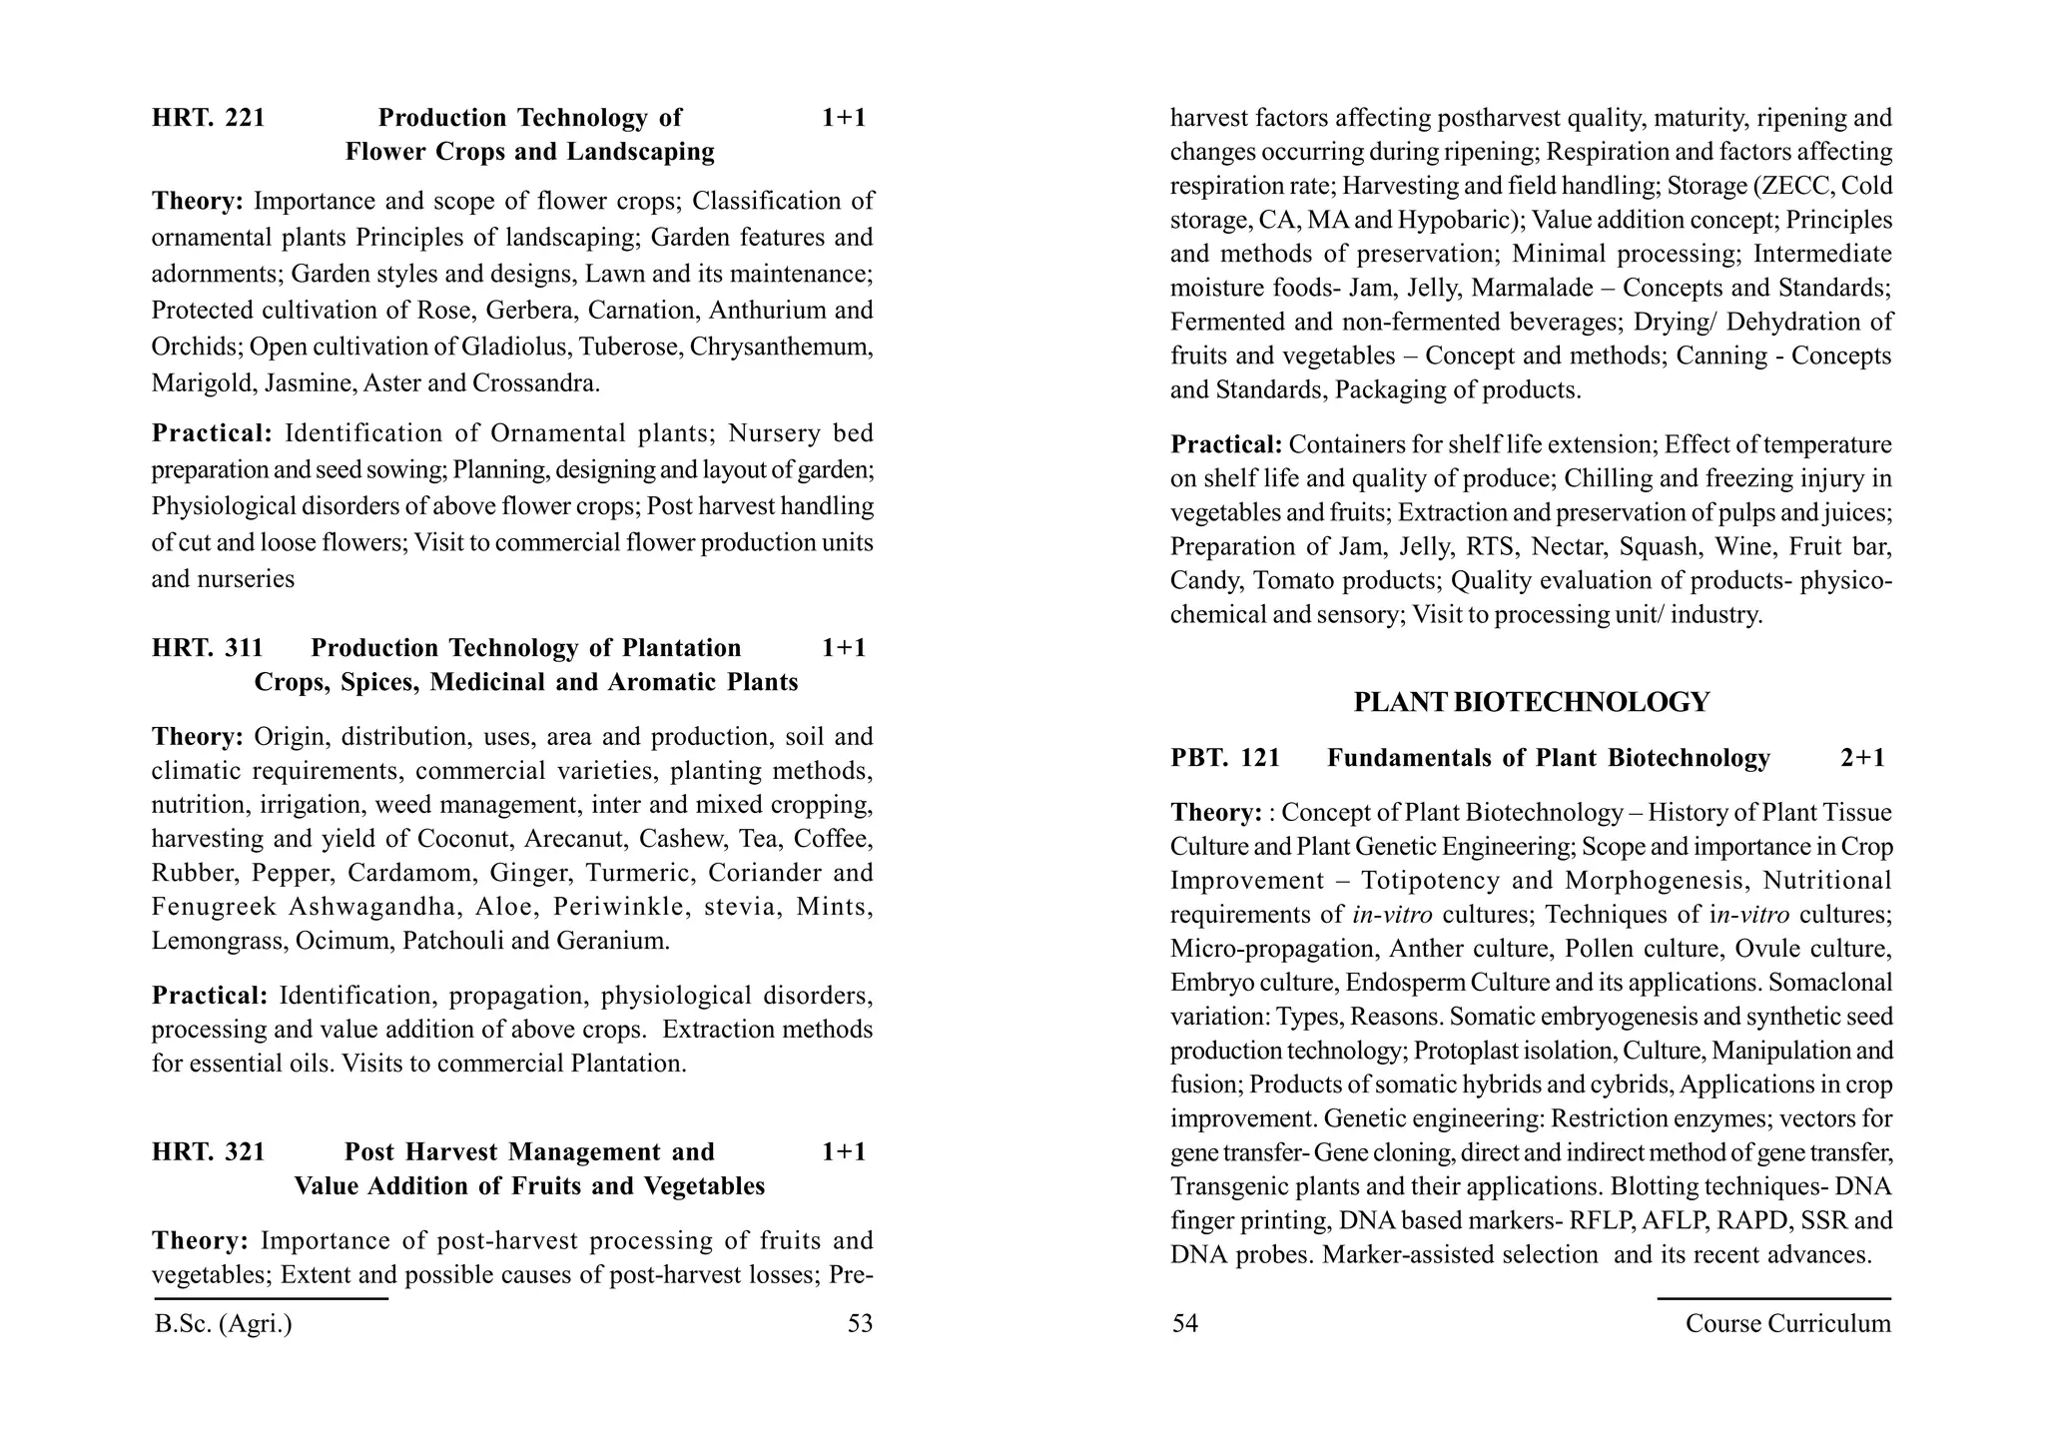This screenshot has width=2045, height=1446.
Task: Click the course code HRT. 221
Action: tap(208, 118)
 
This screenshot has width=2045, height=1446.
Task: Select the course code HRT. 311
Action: tap(207, 648)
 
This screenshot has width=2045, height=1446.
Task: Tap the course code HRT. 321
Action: tap(208, 1152)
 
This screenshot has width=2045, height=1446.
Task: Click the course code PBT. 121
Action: tap(1225, 758)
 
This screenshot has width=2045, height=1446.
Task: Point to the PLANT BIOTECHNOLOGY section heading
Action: tap(1531, 702)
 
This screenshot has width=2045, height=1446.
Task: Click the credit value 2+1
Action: tap(1862, 758)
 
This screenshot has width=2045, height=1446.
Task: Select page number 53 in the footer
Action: tap(860, 1324)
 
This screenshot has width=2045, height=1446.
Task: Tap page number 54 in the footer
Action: tap(1184, 1324)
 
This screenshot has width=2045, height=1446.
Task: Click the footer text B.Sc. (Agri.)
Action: tap(224, 1324)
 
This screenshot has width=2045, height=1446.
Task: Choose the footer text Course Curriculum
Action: tap(1787, 1324)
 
